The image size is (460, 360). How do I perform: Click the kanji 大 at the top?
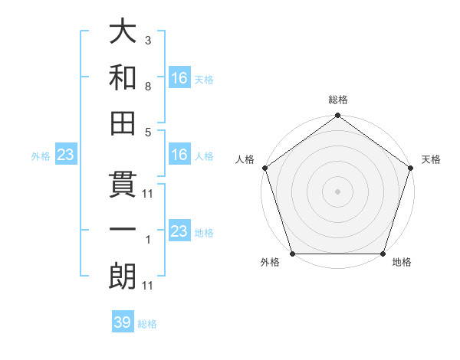pyautogui.click(x=123, y=32)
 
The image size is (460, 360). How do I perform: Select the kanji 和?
pyautogui.click(x=123, y=77)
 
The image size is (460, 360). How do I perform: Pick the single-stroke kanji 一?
pyautogui.click(x=123, y=230)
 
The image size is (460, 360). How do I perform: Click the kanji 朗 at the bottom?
pyautogui.click(x=123, y=276)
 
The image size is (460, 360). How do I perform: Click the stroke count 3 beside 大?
pyautogui.click(x=147, y=41)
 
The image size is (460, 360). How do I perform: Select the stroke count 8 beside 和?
pyautogui.click(x=147, y=87)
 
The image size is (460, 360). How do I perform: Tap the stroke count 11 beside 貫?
pyautogui.click(x=148, y=194)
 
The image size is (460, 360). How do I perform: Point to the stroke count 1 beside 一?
pyautogui.click(x=147, y=240)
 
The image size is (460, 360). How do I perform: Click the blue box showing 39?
pyautogui.click(x=123, y=322)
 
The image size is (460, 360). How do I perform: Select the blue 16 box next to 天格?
pyautogui.click(x=179, y=77)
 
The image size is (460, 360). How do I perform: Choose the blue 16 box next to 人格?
pyautogui.click(x=179, y=155)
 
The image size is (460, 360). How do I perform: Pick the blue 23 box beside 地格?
pyautogui.click(x=179, y=231)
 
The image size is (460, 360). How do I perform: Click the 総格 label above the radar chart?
pyautogui.click(x=338, y=100)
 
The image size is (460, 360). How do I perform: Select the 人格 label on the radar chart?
pyautogui.click(x=246, y=159)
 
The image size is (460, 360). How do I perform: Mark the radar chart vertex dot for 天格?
pyautogui.click(x=412, y=168)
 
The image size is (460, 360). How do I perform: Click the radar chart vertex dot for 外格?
pyautogui.click(x=292, y=254)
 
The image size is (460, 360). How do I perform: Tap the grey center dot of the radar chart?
pyautogui.click(x=338, y=191)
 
